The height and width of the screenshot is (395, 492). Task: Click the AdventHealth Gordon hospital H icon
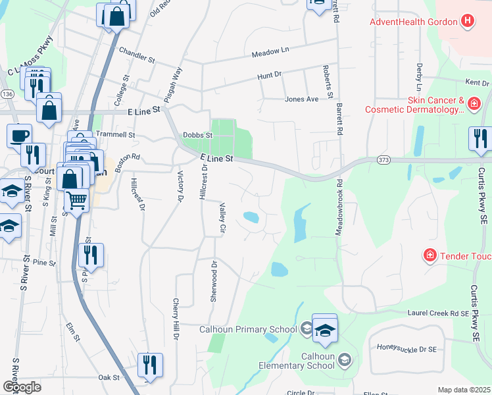coord(467,21)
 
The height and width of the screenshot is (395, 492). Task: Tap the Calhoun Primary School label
coord(250,329)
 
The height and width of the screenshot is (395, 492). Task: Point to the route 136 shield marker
coord(7,94)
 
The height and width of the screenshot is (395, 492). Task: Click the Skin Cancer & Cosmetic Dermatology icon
coord(474,104)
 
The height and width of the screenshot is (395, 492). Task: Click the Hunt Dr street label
coord(269,76)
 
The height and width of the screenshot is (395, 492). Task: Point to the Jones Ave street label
coord(301,99)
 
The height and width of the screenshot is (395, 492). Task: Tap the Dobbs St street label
coord(198,135)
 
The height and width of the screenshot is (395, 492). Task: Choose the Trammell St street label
coord(115,134)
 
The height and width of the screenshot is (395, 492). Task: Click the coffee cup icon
coord(19,135)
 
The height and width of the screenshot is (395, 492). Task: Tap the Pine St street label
coord(44,263)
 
